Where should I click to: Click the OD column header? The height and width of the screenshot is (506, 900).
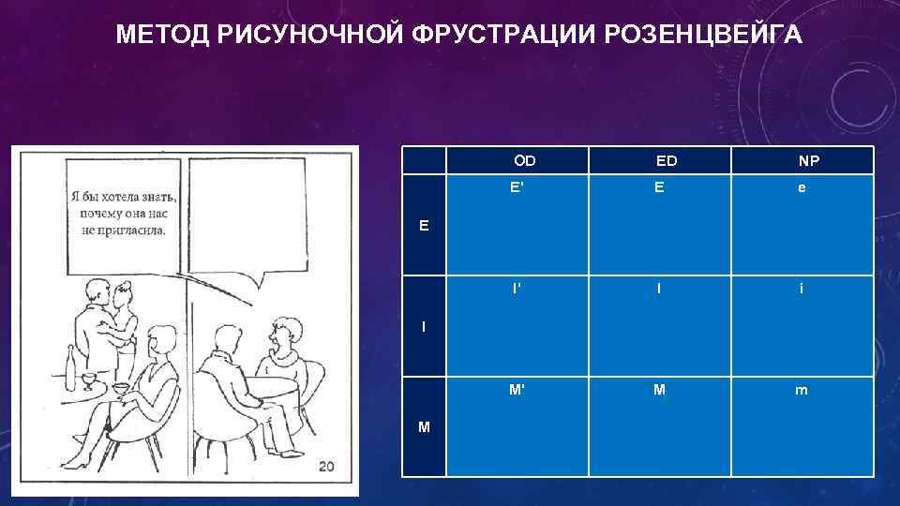525,160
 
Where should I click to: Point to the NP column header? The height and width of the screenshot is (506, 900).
808,161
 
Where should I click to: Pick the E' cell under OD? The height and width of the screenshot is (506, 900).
517,187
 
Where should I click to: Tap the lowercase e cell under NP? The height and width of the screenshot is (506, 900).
801,188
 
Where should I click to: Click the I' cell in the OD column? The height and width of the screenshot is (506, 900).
517,289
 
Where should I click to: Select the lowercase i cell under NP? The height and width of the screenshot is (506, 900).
801,289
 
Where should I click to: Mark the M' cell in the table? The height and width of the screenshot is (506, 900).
517,390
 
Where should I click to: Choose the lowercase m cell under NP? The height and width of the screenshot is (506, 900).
801,391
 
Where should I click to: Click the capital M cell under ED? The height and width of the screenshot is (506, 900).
660,390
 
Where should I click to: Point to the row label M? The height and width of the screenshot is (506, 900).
425,427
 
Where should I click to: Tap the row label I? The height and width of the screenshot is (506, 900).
424,326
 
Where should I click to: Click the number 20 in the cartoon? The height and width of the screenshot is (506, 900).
326,467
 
